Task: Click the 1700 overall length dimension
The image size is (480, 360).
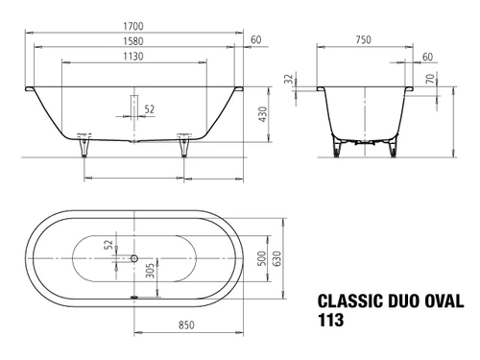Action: point(133,26)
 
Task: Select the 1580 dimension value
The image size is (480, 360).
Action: point(133,41)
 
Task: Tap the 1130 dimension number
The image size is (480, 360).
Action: point(133,57)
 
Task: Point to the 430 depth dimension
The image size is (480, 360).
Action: point(262,114)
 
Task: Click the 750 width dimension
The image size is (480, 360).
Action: point(364,39)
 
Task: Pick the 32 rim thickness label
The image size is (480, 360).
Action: point(289,79)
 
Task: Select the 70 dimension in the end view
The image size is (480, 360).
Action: point(431,79)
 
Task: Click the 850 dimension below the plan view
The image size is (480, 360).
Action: point(186,325)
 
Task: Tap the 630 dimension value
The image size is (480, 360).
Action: point(277,258)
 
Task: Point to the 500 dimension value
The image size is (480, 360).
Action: point(261,258)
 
